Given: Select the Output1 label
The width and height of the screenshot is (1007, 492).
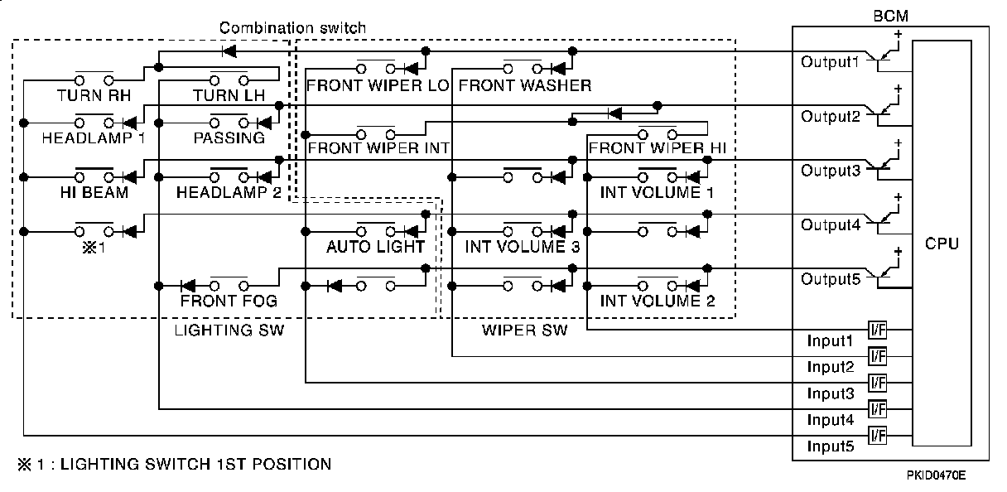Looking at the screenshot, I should click(x=830, y=62).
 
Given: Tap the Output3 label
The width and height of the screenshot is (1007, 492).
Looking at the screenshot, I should click(x=831, y=171).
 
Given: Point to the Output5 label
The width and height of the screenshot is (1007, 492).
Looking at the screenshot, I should click(x=831, y=279).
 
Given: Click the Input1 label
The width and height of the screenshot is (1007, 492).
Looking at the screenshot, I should click(x=830, y=340).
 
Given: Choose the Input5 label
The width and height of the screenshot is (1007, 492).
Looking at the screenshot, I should click(x=830, y=447).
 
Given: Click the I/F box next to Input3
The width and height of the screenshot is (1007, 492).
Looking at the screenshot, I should click(x=877, y=383).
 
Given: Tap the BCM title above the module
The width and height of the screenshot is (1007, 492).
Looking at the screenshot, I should click(x=890, y=16).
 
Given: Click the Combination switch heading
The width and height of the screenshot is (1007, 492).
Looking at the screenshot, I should click(x=292, y=27).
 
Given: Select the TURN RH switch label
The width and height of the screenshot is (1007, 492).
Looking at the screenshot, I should click(x=94, y=96).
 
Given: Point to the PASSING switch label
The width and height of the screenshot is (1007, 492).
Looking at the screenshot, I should click(x=229, y=138).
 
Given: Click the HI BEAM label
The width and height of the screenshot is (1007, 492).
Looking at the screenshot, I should click(x=94, y=193).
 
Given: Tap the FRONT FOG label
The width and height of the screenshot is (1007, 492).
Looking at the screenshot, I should click(x=229, y=301).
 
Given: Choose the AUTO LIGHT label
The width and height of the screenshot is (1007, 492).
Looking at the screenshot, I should click(x=375, y=247).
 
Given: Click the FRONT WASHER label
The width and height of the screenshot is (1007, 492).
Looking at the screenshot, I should click(x=524, y=85).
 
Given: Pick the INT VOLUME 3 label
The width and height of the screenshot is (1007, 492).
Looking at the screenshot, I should click(x=522, y=247).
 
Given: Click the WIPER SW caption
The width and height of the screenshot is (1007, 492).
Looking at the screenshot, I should click(x=524, y=330).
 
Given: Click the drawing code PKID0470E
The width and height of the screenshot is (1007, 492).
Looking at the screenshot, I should click(x=934, y=475).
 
